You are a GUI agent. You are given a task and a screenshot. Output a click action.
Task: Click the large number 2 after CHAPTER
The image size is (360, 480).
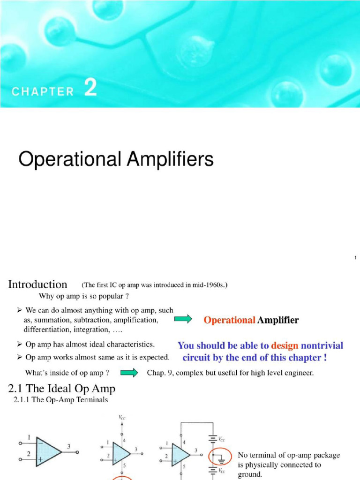[91, 88]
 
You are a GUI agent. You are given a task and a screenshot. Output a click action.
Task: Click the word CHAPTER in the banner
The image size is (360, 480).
[43, 91]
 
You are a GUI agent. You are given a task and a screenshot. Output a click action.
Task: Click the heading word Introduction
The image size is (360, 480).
[38, 285]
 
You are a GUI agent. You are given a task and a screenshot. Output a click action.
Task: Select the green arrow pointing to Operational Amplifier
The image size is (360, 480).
[183, 320]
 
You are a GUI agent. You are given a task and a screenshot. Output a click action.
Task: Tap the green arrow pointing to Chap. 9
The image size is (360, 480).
[129, 373]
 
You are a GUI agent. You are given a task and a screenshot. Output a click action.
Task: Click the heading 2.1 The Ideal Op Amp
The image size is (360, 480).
[62, 389]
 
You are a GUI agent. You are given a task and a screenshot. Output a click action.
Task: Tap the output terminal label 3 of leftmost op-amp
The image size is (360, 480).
[68, 447]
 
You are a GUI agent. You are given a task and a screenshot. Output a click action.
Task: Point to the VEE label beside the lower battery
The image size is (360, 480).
[221, 472]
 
